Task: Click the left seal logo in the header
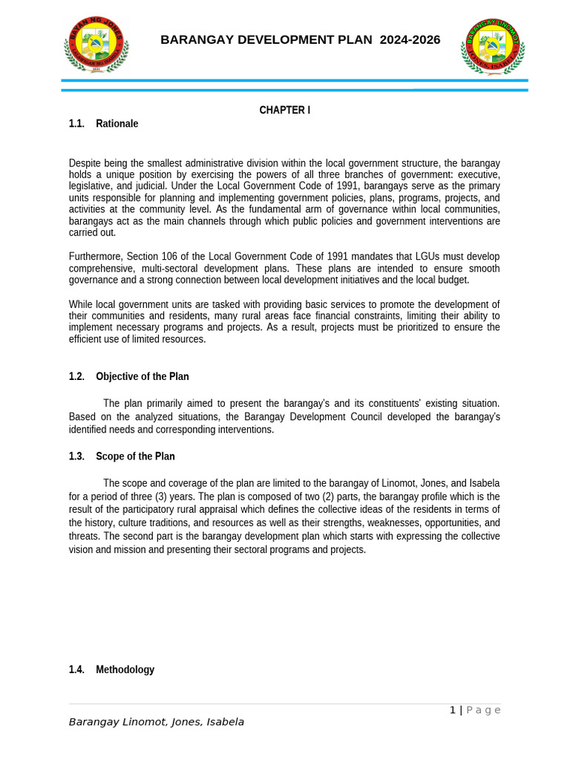(x=96, y=45)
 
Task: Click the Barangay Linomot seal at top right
(x=493, y=46)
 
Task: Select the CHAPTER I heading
(x=284, y=110)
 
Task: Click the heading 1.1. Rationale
(x=104, y=123)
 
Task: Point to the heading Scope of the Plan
(x=135, y=456)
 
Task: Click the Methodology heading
(x=125, y=669)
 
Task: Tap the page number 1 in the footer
(x=453, y=710)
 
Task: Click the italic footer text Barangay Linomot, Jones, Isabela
(x=157, y=721)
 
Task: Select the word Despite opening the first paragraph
(x=86, y=163)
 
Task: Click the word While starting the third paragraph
(x=82, y=304)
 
